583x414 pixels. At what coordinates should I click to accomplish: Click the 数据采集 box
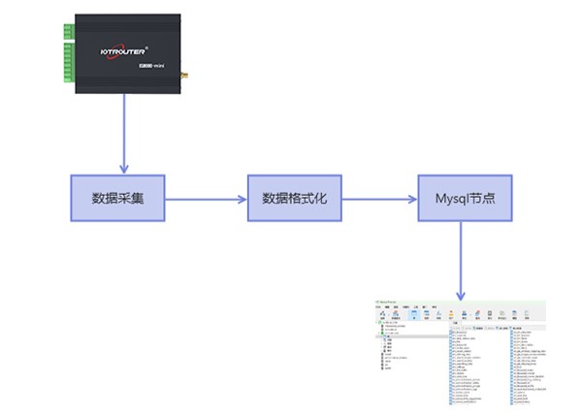117,198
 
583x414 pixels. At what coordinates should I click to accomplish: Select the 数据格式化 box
295,198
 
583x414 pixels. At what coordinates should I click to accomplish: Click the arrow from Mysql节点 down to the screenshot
462,256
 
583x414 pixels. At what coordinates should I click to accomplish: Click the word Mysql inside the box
449,198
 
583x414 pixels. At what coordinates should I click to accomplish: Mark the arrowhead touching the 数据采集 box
124,169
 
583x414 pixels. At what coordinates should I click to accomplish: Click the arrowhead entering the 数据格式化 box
242,199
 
